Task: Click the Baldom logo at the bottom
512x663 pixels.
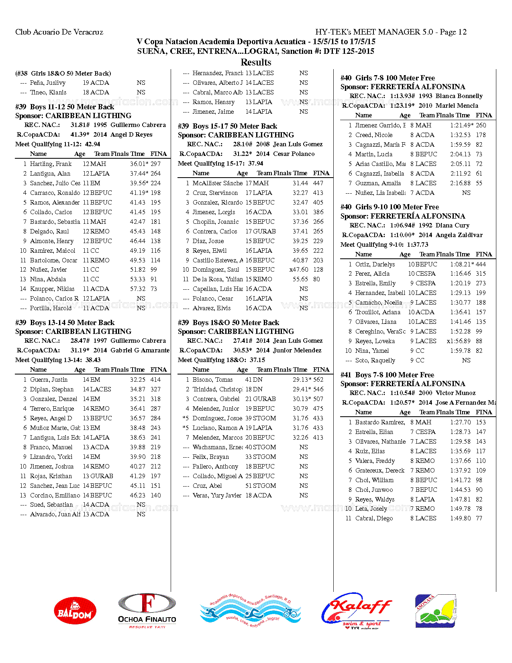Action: (75, 610)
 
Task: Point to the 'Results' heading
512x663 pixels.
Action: (256, 62)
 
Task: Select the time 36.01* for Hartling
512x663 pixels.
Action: (139, 164)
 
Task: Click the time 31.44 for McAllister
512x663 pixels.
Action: (300, 183)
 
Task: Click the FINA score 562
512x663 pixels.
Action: (318, 380)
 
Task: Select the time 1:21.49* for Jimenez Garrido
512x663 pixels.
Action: (462, 125)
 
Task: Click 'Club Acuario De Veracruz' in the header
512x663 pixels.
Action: (59, 32)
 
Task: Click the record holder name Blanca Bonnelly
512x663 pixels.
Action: (459, 96)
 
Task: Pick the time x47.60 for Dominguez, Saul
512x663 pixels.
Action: (299, 270)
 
